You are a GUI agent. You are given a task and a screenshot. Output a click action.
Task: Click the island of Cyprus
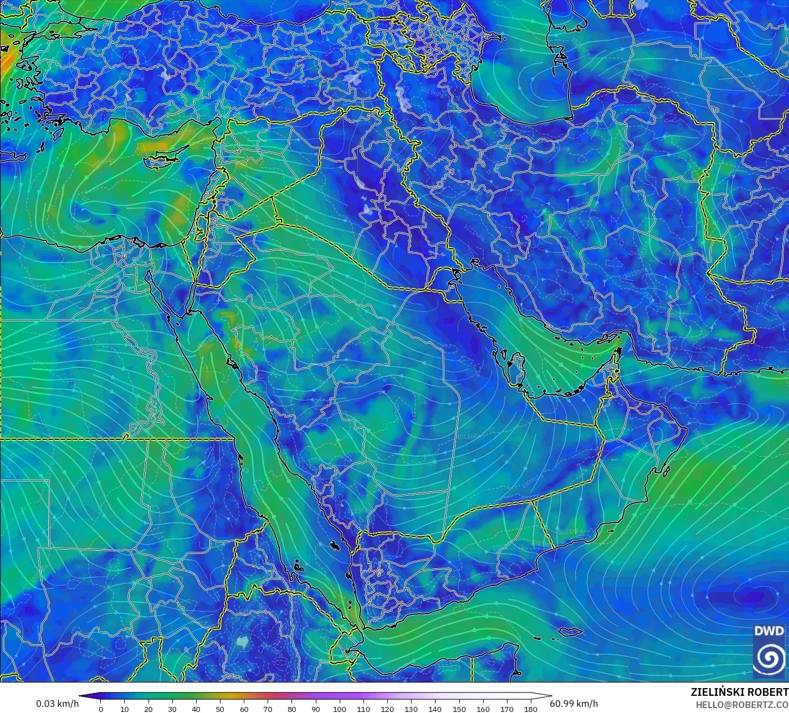pyautogui.click(x=161, y=160)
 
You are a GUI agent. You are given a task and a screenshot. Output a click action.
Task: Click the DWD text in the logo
pyautogui.click(x=769, y=631)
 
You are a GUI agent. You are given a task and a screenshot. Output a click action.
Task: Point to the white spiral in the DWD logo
pyautogui.click(x=769, y=658)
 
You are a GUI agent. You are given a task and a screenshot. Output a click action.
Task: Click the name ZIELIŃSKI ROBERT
pyautogui.click(x=739, y=692)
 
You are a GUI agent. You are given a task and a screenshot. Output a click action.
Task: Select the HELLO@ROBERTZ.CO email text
pyautogui.click(x=742, y=704)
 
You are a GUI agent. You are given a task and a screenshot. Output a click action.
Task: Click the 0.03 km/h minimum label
pyautogui.click(x=58, y=704)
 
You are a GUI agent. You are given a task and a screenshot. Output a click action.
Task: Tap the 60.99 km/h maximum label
pyautogui.click(x=573, y=704)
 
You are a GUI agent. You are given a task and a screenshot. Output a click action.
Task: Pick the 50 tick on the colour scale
pyautogui.click(x=220, y=709)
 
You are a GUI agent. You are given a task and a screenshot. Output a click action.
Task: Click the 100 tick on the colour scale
pyautogui.click(x=340, y=709)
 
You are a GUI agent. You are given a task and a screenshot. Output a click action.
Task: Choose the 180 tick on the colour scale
pyautogui.click(x=531, y=709)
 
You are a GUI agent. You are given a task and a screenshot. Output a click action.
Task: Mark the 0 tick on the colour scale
pyautogui.click(x=100, y=709)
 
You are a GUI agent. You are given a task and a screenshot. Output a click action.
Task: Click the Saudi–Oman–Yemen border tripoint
pyautogui.click(x=533, y=502)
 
